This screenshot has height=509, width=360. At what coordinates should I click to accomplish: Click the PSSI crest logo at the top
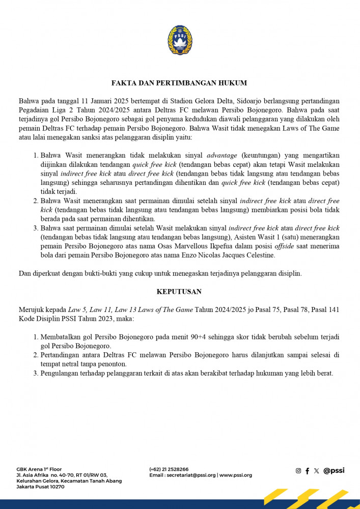(x=180, y=40)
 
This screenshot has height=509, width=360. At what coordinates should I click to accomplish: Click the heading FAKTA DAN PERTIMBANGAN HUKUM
(x=180, y=82)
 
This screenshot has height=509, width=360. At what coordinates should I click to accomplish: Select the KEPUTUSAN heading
(x=180, y=292)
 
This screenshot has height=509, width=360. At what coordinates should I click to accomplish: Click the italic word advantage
(x=223, y=155)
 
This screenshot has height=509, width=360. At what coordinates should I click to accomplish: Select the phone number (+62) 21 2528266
(x=169, y=469)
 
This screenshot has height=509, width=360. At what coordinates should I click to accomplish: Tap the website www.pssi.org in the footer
(x=236, y=475)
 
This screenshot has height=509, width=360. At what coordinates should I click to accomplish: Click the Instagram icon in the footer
(x=298, y=471)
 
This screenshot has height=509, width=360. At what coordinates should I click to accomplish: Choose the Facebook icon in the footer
(x=307, y=471)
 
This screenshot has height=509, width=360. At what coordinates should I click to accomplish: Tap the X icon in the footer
(x=316, y=471)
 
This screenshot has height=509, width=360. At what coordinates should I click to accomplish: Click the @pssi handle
(x=334, y=471)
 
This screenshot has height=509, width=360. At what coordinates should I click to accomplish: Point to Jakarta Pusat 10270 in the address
(x=40, y=487)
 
